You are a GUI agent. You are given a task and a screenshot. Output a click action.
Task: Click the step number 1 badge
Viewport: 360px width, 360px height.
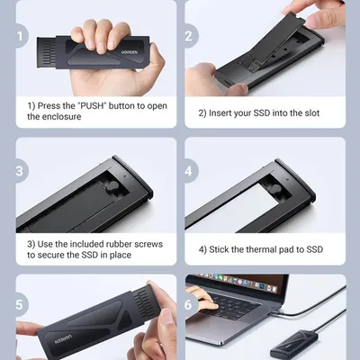pos(21,36)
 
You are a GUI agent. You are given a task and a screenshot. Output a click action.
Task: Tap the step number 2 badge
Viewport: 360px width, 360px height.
pos(190,36)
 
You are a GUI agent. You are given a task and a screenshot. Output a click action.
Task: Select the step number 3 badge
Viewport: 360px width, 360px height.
pos(21,171)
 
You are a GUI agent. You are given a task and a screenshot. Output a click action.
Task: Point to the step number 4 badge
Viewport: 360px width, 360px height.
pos(190,171)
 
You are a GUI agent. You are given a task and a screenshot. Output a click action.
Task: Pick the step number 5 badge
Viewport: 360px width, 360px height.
pos(21,304)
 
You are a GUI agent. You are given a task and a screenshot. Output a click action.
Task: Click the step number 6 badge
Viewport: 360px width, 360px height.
pos(190,304)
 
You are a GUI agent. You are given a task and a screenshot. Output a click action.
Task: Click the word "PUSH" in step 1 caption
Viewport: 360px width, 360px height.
pos(94,106)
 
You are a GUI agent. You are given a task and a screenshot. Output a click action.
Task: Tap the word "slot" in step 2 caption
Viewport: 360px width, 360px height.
pos(311,113)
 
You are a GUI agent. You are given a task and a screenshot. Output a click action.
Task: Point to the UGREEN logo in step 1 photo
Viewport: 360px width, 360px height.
pos(130,52)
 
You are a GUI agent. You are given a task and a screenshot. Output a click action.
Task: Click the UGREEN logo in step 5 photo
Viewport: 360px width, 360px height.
pos(63,339)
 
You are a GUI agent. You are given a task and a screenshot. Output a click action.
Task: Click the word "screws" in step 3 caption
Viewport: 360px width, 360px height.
pos(148,244)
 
